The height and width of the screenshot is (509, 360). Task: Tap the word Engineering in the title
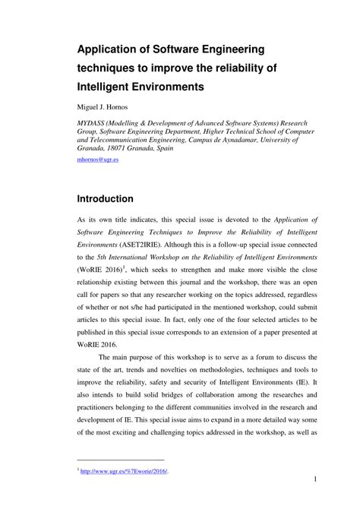click(227, 49)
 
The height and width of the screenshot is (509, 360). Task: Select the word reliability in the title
click(238, 68)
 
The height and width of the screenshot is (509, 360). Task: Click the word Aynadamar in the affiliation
click(227, 140)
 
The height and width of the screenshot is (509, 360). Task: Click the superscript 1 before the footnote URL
click(79, 469)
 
